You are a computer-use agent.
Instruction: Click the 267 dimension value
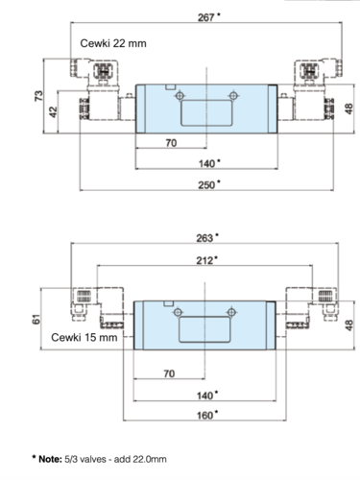(205, 17)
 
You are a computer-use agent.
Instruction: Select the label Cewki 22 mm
(113, 43)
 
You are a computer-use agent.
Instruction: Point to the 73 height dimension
(38, 96)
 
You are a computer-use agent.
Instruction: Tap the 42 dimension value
(53, 112)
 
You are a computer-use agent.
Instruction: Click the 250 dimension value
(206, 185)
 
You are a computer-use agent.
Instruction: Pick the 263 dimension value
(204, 238)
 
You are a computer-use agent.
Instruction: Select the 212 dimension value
(204, 260)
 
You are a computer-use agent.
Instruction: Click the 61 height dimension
(36, 319)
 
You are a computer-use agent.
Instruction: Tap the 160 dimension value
(204, 416)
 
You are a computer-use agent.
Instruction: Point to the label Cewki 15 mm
(84, 337)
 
